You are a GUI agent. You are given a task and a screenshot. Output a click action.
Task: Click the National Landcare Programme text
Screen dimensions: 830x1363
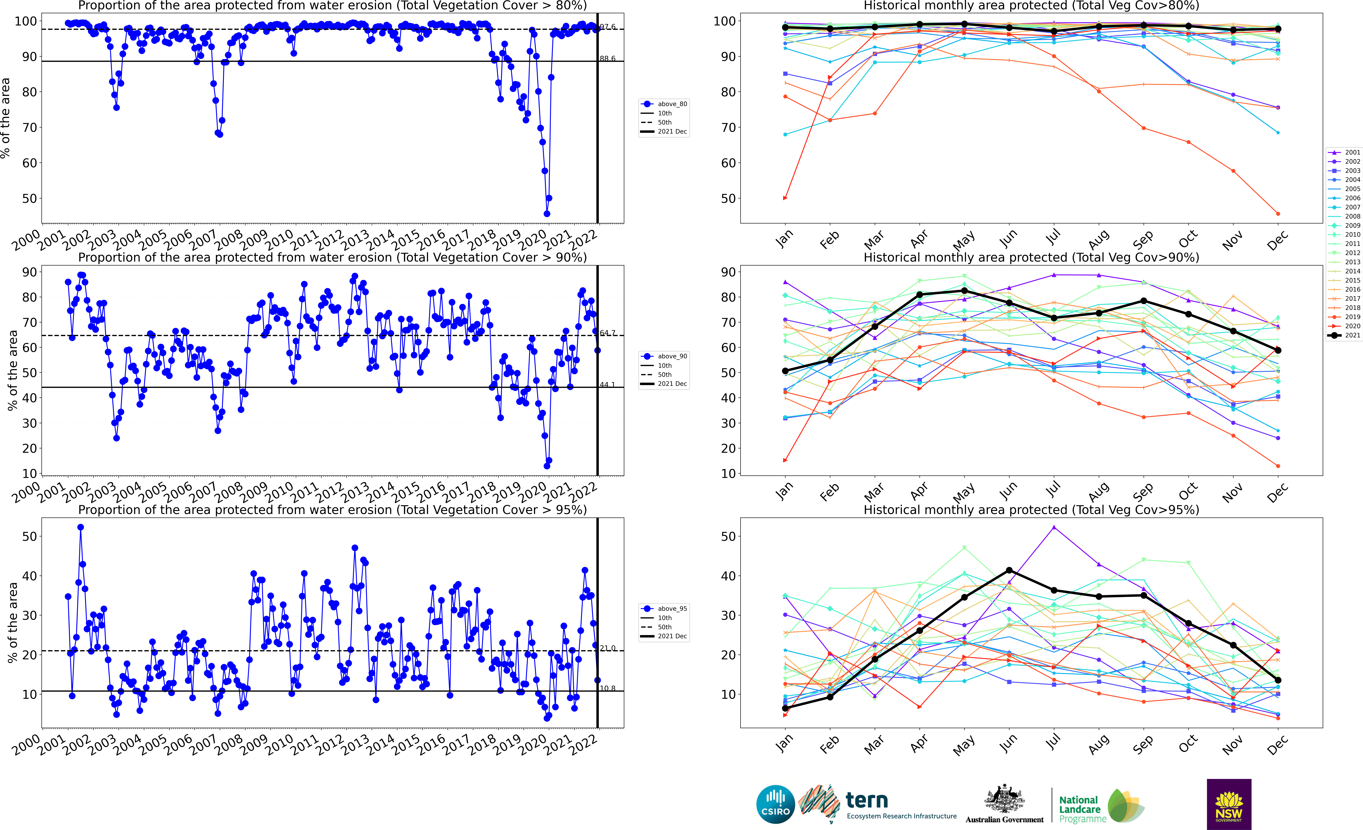1081,809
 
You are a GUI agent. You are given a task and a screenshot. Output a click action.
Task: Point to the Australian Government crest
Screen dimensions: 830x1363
1004,798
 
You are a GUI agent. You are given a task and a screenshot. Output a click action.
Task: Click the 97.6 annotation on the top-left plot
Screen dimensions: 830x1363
607,27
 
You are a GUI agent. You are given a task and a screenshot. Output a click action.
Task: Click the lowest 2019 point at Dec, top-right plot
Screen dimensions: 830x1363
1278,214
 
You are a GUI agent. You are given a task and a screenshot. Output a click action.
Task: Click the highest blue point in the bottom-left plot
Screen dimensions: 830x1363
81,527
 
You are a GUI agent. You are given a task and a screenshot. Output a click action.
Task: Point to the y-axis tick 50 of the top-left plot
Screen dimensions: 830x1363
29,198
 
